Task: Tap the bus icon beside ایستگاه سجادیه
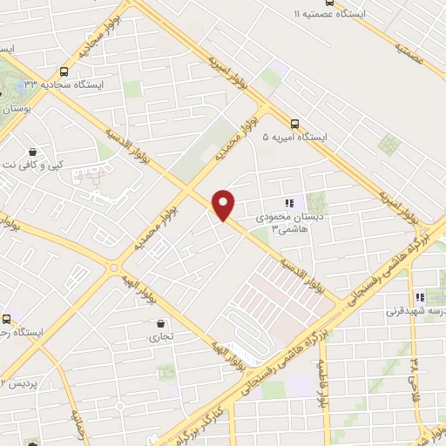click(x=64, y=72)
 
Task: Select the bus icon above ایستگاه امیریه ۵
click(x=295, y=124)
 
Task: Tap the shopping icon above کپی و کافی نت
click(x=32, y=151)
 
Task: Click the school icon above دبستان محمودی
click(x=288, y=203)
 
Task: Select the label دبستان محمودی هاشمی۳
click(x=288, y=223)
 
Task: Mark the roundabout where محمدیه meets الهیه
click(x=111, y=267)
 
